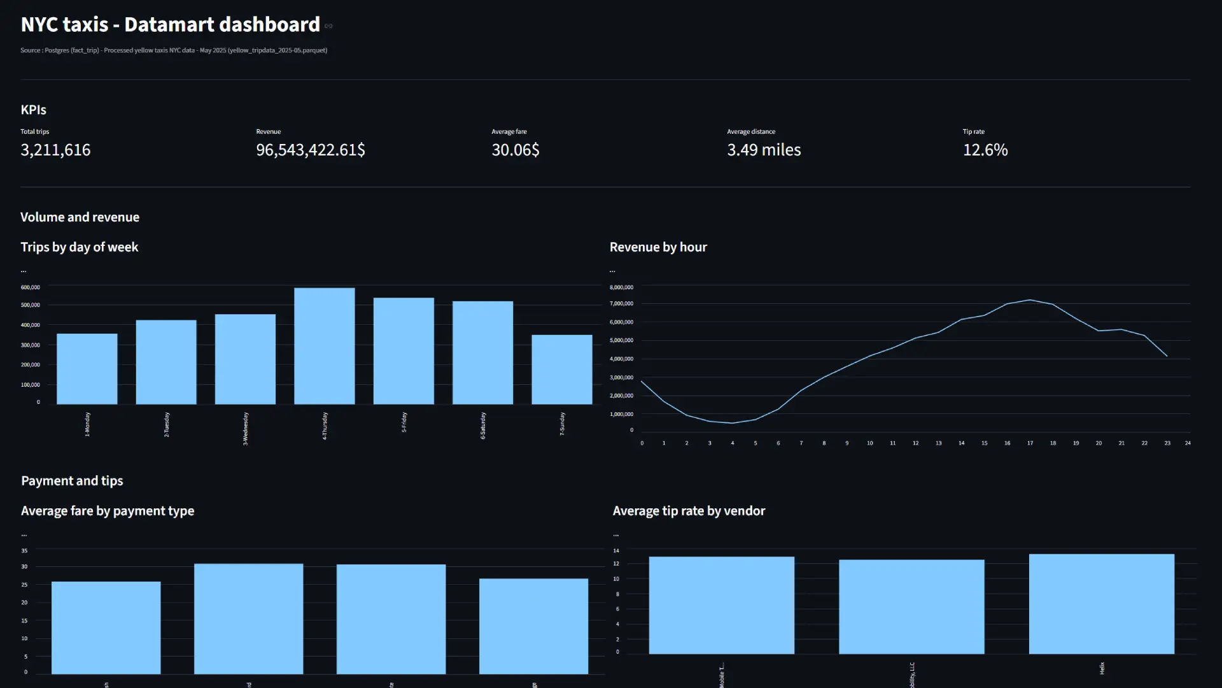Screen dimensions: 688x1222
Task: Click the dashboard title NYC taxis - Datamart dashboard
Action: click(x=170, y=24)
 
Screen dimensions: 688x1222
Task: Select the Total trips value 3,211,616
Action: click(x=55, y=150)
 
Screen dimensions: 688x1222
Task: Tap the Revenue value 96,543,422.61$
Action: click(x=310, y=150)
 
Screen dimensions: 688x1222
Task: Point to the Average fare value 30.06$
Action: click(x=515, y=150)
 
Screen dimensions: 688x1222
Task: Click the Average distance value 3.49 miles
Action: click(x=764, y=150)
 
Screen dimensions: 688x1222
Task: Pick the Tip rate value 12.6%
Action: click(x=985, y=150)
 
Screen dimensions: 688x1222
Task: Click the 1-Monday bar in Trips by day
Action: click(x=87, y=369)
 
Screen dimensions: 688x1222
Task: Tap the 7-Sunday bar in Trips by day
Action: click(x=561, y=369)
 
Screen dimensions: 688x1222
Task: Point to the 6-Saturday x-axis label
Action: click(x=482, y=425)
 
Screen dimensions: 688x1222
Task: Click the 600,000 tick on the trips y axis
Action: click(x=30, y=287)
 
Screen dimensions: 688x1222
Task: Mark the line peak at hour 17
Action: click(x=1030, y=300)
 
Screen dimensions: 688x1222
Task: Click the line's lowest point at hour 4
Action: click(x=733, y=423)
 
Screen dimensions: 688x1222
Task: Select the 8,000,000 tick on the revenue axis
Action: click(x=621, y=287)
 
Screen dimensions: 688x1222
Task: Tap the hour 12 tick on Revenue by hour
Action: click(x=915, y=443)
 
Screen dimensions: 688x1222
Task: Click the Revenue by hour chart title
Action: click(x=658, y=247)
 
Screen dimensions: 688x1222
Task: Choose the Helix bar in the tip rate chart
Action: click(x=1101, y=604)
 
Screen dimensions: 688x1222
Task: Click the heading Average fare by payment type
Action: click(x=108, y=511)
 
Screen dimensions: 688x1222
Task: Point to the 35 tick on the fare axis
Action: click(x=24, y=550)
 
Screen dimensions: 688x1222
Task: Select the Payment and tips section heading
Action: click(x=72, y=481)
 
